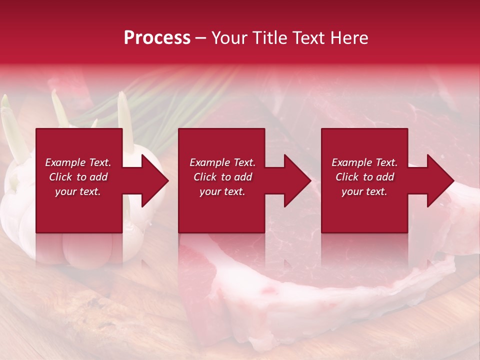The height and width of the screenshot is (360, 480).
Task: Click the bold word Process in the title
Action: pyautogui.click(x=157, y=38)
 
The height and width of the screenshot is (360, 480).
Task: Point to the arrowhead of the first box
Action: pyautogui.click(x=155, y=180)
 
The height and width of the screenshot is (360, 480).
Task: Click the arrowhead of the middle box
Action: pyautogui.click(x=298, y=180)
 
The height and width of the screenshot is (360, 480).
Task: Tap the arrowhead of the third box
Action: pyautogui.click(x=441, y=180)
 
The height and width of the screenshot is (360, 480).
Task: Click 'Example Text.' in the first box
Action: pyautogui.click(x=78, y=162)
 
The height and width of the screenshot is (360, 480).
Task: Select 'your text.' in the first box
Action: pyautogui.click(x=78, y=191)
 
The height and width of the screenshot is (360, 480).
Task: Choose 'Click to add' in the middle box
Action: pyautogui.click(x=222, y=177)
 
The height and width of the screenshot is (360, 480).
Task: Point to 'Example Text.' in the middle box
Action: pyautogui.click(x=222, y=162)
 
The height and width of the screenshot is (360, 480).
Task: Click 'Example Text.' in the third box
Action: pyautogui.click(x=364, y=162)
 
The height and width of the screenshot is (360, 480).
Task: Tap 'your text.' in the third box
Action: pyautogui.click(x=364, y=191)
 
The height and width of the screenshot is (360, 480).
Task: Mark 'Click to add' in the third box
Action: pyautogui.click(x=364, y=177)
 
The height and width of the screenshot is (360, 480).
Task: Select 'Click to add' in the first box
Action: pyautogui.click(x=78, y=177)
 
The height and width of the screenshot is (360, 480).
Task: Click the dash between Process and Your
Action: pyautogui.click(x=200, y=38)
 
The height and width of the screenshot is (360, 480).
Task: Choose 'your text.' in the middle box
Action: pyautogui.click(x=222, y=191)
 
